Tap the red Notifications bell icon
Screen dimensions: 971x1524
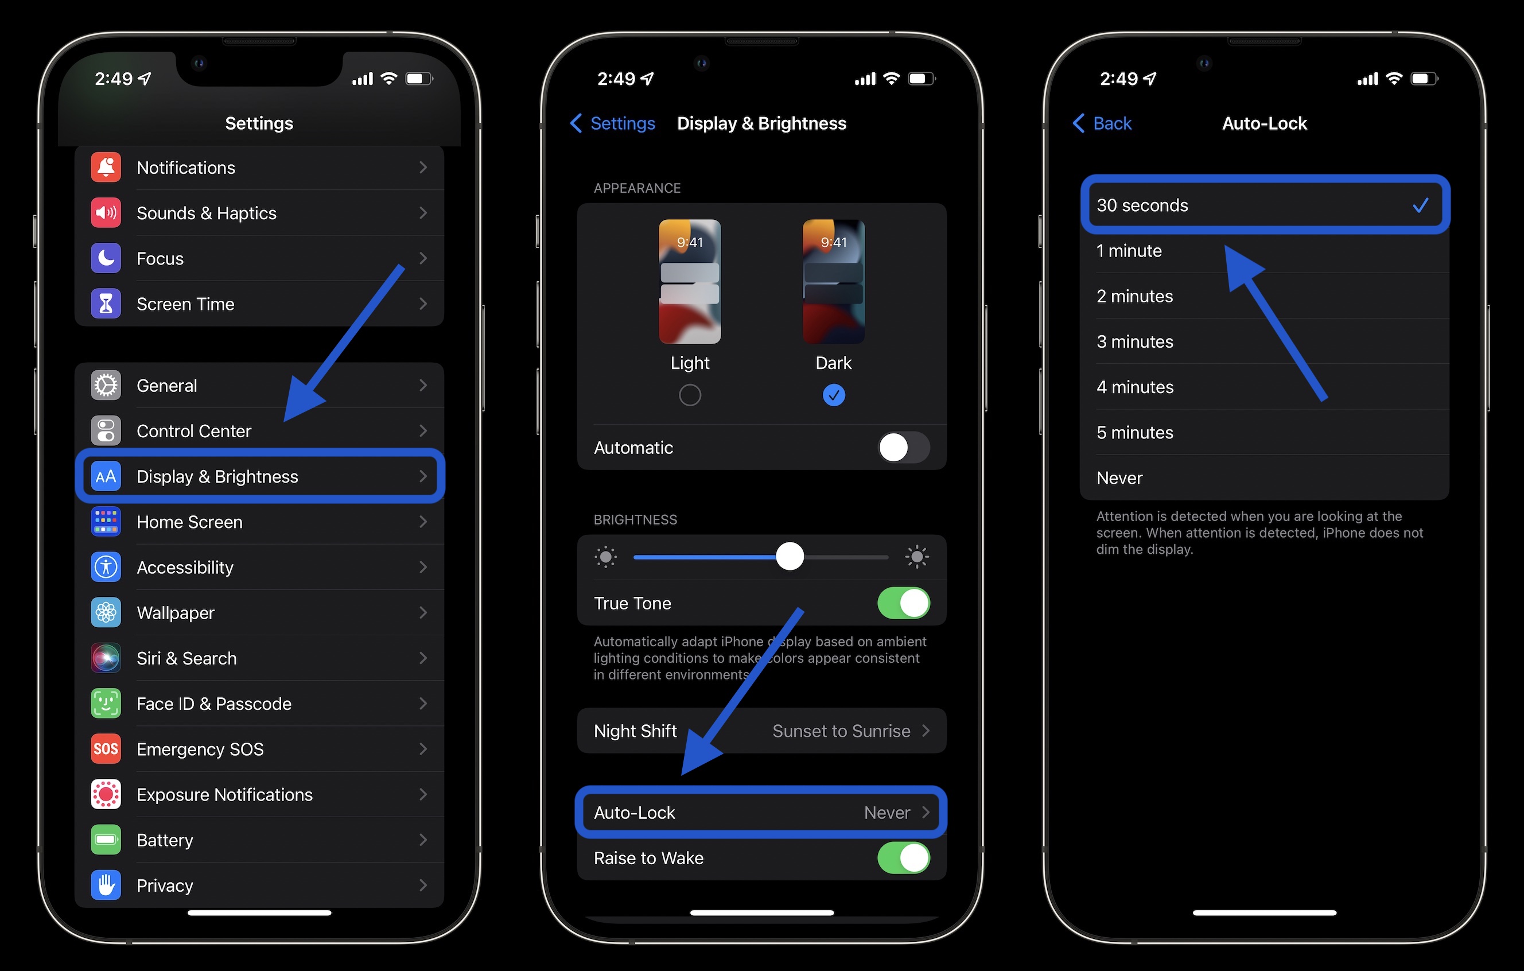click(106, 167)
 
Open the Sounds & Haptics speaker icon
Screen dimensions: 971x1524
click(106, 213)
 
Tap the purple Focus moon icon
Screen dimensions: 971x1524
click(106, 258)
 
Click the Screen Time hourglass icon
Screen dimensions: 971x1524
click(106, 304)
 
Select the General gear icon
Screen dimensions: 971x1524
click(106, 386)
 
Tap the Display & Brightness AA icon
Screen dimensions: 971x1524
click(106, 477)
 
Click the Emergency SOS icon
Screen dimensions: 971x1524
click(106, 749)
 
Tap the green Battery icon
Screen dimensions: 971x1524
click(106, 840)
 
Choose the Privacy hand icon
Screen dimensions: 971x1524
click(106, 885)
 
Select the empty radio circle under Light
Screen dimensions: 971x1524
click(690, 395)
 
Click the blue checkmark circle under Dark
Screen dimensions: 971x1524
click(834, 395)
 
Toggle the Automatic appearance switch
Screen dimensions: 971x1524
click(903, 448)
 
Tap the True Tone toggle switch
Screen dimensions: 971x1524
click(903, 603)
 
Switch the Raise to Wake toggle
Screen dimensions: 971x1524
click(903, 858)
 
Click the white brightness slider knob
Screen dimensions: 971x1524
click(790, 557)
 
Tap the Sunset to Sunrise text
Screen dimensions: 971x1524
click(841, 731)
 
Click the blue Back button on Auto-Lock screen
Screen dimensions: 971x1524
click(1102, 123)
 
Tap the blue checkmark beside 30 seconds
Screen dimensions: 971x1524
click(1420, 205)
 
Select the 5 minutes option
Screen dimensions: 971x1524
click(1135, 432)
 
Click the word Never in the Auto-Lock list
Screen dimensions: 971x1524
click(1119, 478)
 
